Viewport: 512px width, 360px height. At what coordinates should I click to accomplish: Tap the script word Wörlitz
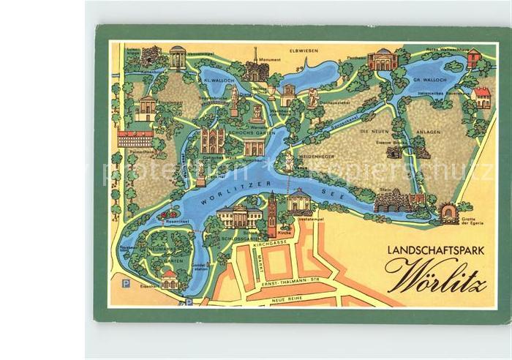coord(437,277)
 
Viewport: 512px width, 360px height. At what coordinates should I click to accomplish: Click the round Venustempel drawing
coord(178,57)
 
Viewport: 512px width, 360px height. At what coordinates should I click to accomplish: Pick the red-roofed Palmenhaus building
coord(135,138)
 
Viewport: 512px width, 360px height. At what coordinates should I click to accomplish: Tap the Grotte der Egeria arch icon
coord(449,214)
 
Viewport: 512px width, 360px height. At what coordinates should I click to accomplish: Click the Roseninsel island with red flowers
coord(169,214)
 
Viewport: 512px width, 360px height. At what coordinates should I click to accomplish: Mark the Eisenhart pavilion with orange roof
coord(170,279)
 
